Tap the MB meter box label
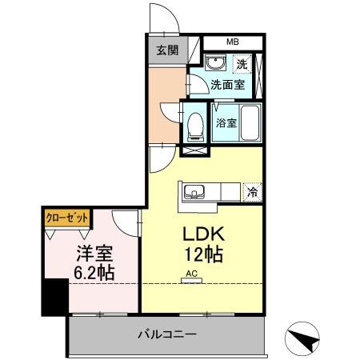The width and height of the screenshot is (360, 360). pos(231,42)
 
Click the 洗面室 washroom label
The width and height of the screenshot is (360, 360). pos(227,83)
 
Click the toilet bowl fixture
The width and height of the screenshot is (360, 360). pos(195,123)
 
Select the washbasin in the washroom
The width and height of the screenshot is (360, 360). pos(214,64)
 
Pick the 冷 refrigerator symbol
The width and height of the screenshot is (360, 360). pos(252,192)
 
